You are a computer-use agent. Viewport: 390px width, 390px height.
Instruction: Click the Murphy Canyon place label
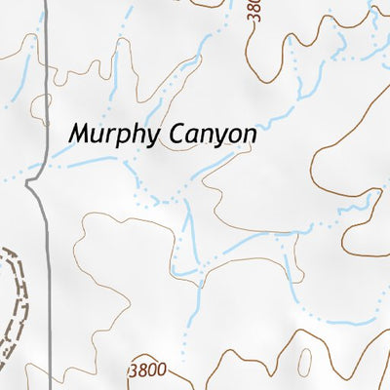[x=162, y=135]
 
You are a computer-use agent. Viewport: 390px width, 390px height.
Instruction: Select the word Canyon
[x=210, y=135]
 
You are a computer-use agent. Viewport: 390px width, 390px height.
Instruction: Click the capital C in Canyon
[x=171, y=133]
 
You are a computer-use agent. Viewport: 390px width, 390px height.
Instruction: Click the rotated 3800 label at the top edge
[x=255, y=12]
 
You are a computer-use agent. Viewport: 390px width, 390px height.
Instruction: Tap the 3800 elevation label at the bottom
[x=147, y=371]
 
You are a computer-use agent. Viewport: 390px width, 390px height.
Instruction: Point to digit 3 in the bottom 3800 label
[x=134, y=371]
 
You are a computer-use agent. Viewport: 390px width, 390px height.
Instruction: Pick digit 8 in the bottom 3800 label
[x=142, y=371]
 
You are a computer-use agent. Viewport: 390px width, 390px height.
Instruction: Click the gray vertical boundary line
[x=47, y=97]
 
